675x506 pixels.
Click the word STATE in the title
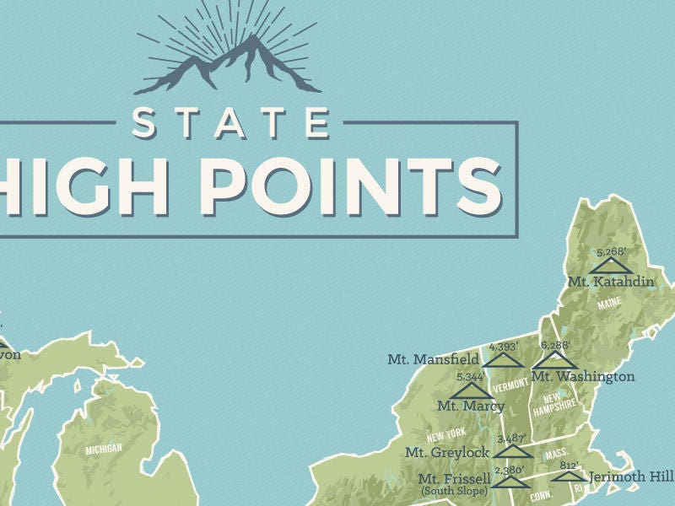tap(230, 121)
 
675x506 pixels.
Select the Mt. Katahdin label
tap(610, 281)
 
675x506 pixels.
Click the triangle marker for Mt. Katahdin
tap(611, 266)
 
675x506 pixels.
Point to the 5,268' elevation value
tap(613, 251)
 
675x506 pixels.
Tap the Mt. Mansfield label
tap(434, 359)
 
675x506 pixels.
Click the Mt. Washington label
tap(583, 376)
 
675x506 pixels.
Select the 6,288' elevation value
tap(554, 346)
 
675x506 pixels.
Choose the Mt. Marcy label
tap(470, 406)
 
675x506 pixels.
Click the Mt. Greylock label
tap(446, 452)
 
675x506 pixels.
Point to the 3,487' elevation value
tap(511, 439)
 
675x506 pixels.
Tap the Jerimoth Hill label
tap(631, 477)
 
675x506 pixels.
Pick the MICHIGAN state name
tap(104, 449)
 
